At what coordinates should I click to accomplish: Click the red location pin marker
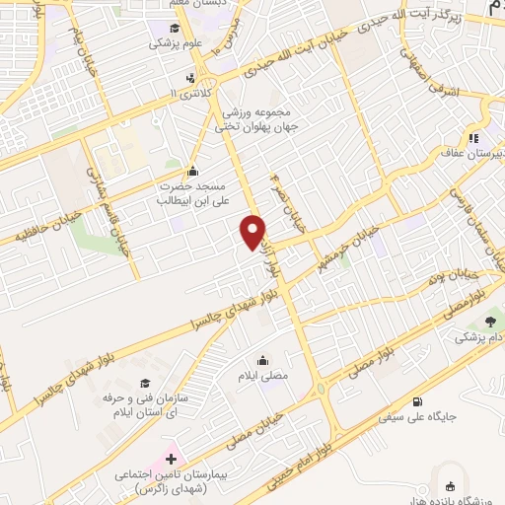click(253, 233)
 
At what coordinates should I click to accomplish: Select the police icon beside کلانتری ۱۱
click(189, 79)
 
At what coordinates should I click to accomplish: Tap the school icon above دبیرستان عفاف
click(474, 139)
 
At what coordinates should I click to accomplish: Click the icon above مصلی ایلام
click(263, 360)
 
